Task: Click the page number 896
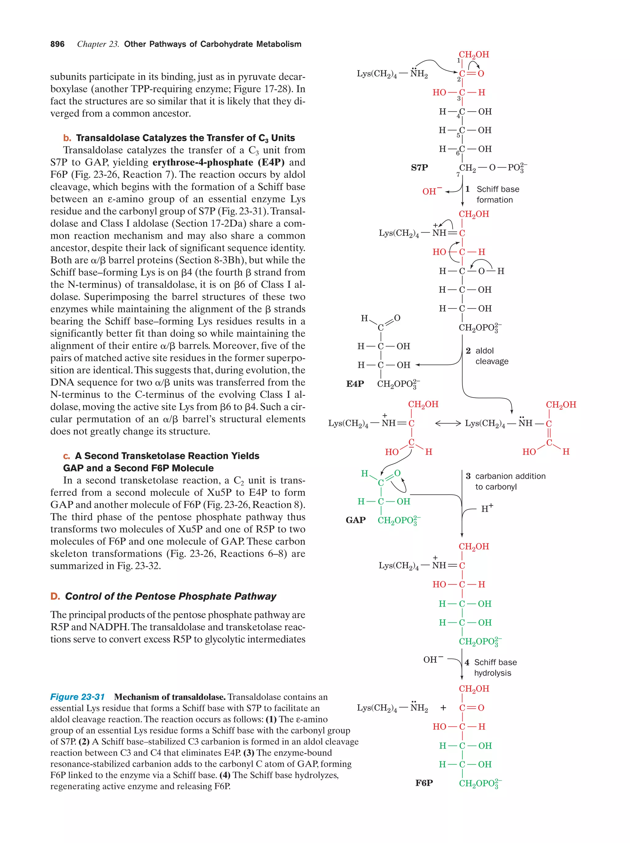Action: [x=57, y=44]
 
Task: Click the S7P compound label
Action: [x=419, y=167]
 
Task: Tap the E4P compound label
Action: [x=354, y=384]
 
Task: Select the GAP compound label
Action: [x=355, y=520]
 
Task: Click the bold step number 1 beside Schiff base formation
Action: [x=468, y=189]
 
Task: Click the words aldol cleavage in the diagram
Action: [x=491, y=356]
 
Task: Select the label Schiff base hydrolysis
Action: [x=495, y=667]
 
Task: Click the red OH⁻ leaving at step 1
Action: [x=432, y=191]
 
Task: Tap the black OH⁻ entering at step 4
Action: [x=433, y=659]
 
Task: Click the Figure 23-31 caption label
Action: [x=78, y=697]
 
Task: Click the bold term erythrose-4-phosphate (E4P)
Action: [x=218, y=162]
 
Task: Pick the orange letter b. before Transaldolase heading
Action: [x=67, y=138]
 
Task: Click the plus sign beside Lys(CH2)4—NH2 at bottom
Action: [x=443, y=708]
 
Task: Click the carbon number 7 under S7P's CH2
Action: [x=458, y=175]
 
